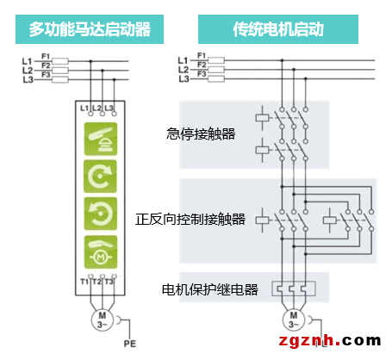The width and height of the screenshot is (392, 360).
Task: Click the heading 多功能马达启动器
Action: [90, 29]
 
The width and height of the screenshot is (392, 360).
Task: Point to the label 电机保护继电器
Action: [210, 289]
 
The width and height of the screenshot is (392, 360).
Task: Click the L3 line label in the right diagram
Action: [184, 79]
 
